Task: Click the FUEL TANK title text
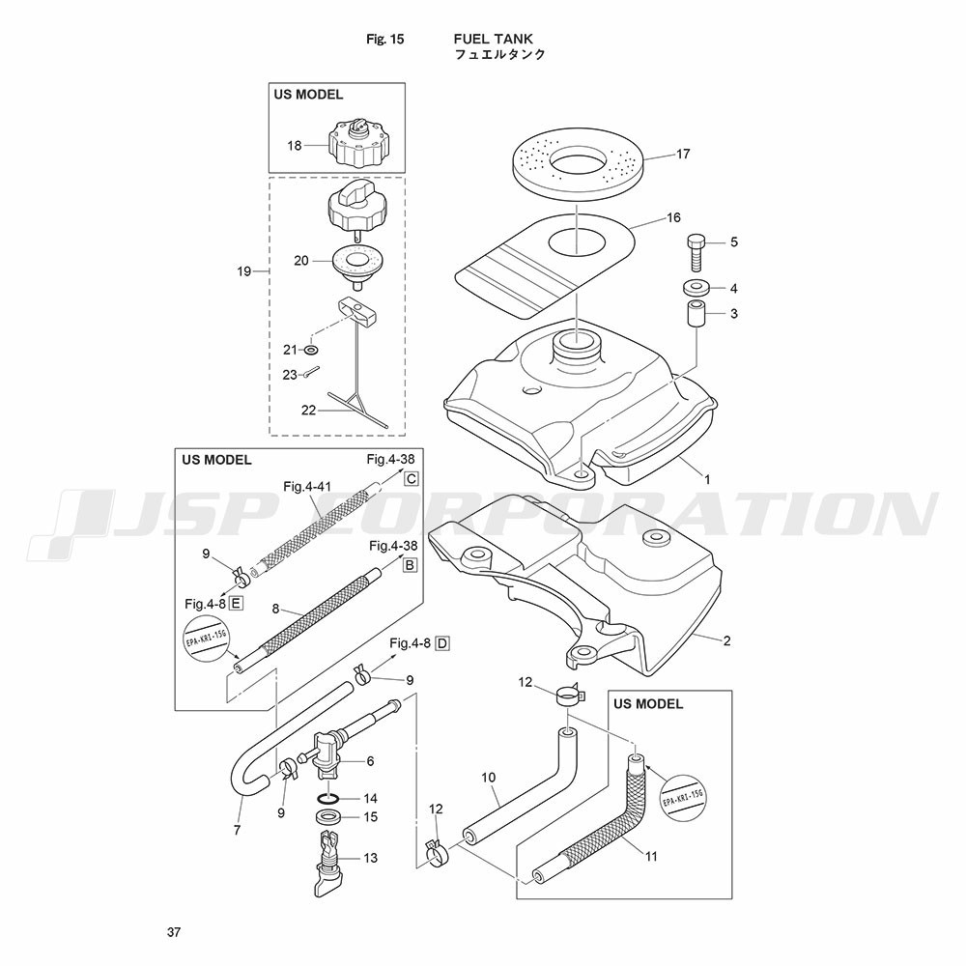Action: pos(493,40)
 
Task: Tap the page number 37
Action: pos(174,932)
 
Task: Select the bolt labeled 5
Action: pos(696,252)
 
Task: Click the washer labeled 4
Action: pos(696,287)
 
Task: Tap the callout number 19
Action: pos(244,271)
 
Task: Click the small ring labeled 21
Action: pos(312,350)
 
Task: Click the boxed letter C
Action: pos(411,479)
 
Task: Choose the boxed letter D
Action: pos(442,643)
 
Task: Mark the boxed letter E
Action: pos(236,604)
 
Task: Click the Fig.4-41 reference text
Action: pos(307,487)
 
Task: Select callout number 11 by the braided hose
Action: pos(651,856)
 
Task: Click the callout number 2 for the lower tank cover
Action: pos(727,640)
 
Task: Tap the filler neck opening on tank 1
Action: pos(577,340)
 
